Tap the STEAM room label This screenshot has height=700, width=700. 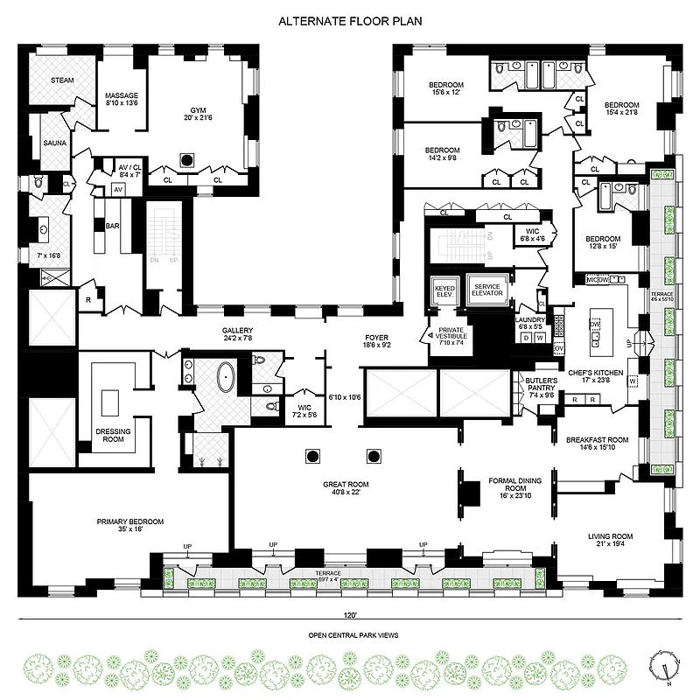point(61,80)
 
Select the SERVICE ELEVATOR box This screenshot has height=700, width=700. point(487,290)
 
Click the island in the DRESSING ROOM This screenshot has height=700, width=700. point(109,402)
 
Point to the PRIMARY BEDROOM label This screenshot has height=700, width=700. point(129,525)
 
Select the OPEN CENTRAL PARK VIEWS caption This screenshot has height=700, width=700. point(350,636)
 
